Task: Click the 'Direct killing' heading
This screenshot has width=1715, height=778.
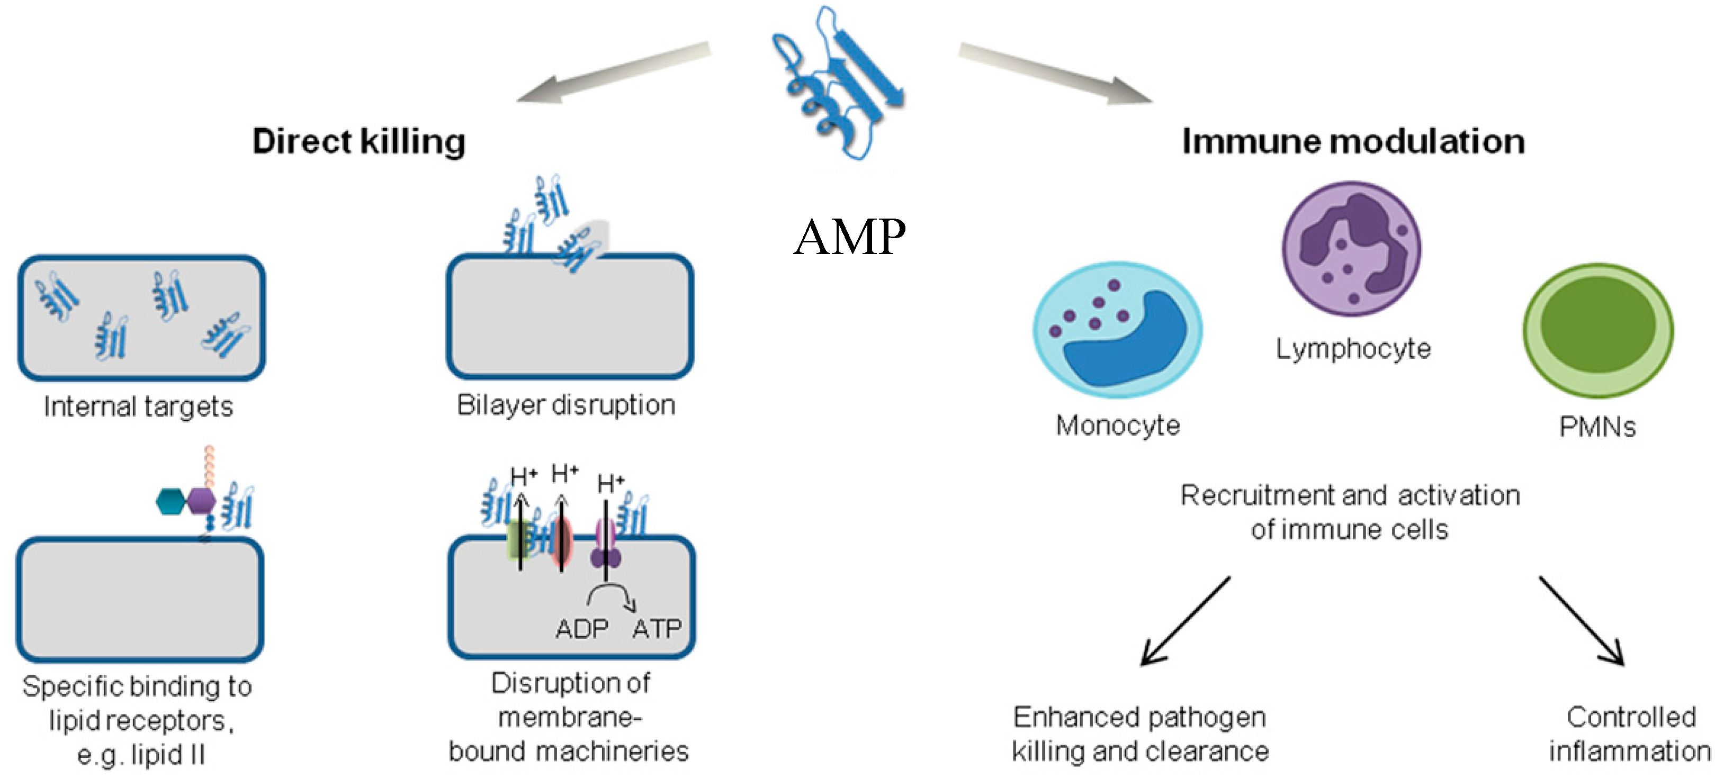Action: tap(359, 141)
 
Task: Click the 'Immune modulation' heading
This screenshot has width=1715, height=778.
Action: tap(1353, 141)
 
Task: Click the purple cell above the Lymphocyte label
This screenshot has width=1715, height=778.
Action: tap(1351, 248)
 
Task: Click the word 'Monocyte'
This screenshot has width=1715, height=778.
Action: tap(1118, 426)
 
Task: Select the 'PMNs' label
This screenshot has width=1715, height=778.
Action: tap(1597, 427)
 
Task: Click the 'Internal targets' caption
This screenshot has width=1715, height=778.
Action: tap(139, 406)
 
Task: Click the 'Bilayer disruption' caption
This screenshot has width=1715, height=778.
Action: tap(566, 405)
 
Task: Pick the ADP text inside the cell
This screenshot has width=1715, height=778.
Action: tap(582, 628)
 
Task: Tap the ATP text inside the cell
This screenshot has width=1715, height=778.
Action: tap(657, 628)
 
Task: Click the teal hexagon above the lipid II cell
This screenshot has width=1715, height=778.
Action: tap(171, 501)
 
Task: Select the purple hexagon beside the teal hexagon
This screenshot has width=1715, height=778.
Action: tap(202, 501)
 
